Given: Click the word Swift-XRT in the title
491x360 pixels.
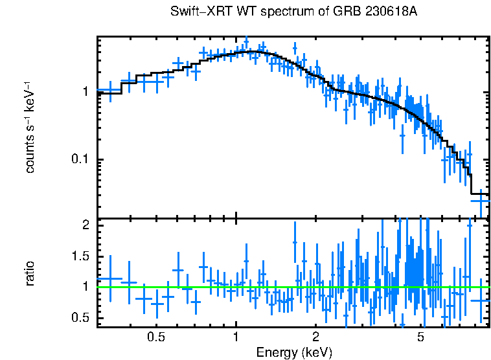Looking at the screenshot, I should [195, 12].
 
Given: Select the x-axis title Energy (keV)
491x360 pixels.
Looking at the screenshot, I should [294, 352].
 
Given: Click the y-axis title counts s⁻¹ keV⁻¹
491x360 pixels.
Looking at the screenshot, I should [30, 128].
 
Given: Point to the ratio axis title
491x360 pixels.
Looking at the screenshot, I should [30, 273].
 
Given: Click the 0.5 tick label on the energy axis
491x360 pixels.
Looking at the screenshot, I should [155, 337].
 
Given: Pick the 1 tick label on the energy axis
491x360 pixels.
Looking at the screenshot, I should [236, 337].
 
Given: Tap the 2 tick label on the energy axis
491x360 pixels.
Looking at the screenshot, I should [316, 337].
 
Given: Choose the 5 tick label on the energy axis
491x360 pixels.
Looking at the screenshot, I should [421, 337].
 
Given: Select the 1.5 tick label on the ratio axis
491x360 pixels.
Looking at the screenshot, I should [79, 256].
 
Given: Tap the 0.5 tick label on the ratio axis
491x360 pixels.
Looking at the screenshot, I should [79, 317].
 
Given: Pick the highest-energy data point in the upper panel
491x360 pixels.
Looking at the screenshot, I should [480, 201].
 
